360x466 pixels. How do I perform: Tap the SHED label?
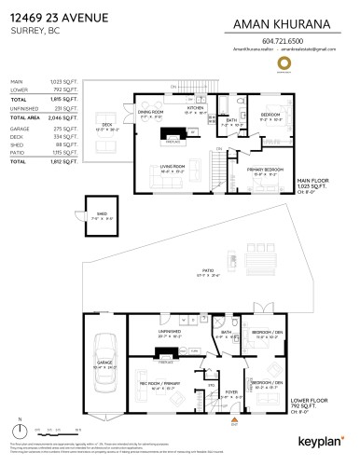coord(97,216)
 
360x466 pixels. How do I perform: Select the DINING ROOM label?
coord(151,112)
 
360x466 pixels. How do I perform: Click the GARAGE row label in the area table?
coord(20,128)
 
